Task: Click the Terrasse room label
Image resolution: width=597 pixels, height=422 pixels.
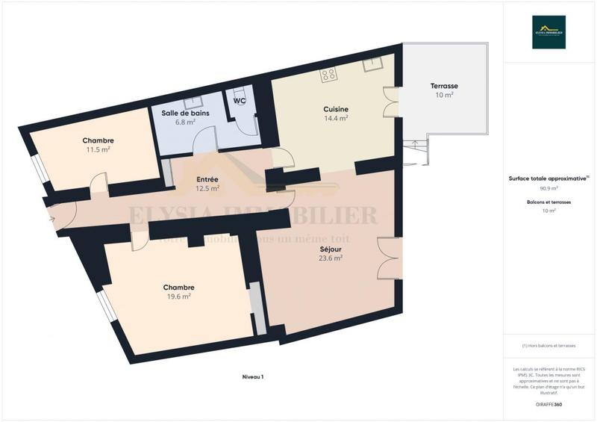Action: (443, 86)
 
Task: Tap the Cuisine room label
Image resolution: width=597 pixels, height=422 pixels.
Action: (336, 109)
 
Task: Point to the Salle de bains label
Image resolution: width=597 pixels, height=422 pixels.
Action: (185, 113)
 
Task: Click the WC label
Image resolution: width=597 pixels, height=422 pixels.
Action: (240, 100)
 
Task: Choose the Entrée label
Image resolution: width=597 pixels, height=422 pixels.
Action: (207, 179)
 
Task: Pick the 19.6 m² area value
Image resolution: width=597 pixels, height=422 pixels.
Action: (179, 297)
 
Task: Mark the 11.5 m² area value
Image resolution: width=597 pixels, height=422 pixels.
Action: (98, 149)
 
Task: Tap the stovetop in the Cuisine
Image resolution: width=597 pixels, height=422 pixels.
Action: (328, 75)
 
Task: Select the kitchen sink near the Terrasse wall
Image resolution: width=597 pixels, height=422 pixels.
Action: (372, 66)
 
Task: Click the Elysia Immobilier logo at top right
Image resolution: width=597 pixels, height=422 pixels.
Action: (548, 32)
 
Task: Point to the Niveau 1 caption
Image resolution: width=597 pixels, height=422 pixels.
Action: (254, 378)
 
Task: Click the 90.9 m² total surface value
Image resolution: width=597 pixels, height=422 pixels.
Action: (549, 189)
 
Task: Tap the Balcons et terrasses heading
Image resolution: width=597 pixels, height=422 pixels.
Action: (549, 202)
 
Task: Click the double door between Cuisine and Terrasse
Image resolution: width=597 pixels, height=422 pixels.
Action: (391, 102)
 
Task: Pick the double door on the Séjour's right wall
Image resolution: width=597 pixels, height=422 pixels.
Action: (390, 258)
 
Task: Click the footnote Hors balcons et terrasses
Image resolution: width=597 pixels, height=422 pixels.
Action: (549, 346)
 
